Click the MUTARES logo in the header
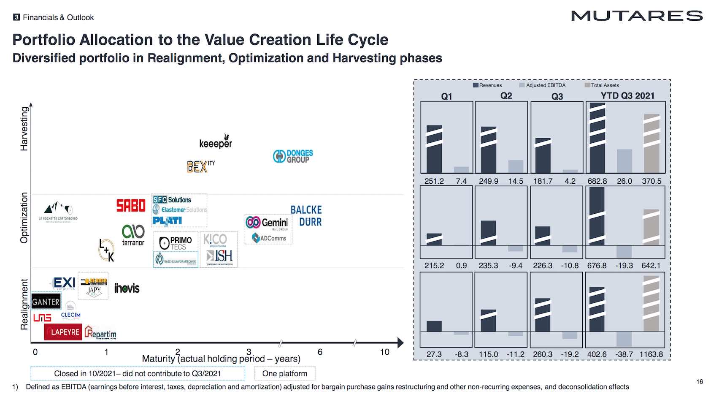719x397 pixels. [x=637, y=16]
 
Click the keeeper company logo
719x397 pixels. [x=216, y=143]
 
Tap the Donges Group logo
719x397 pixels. [x=293, y=156]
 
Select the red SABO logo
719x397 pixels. [x=131, y=206]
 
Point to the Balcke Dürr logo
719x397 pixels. [x=306, y=216]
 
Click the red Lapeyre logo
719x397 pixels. [x=63, y=332]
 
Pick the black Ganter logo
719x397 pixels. [x=46, y=302]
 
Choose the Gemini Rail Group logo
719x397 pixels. [x=268, y=223]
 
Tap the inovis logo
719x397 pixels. [x=127, y=288]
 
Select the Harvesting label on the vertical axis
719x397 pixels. [x=24, y=128]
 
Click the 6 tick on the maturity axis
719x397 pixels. [x=320, y=352]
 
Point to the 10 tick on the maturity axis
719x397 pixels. [x=384, y=352]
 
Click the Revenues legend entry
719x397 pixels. [x=488, y=85]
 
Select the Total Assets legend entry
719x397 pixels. [x=602, y=85]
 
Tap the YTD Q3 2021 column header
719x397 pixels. [x=627, y=96]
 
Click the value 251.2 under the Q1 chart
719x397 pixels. [x=434, y=181]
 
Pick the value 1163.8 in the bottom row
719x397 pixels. [x=651, y=354]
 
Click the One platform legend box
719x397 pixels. [x=285, y=373]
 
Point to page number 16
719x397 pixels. [x=700, y=382]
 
